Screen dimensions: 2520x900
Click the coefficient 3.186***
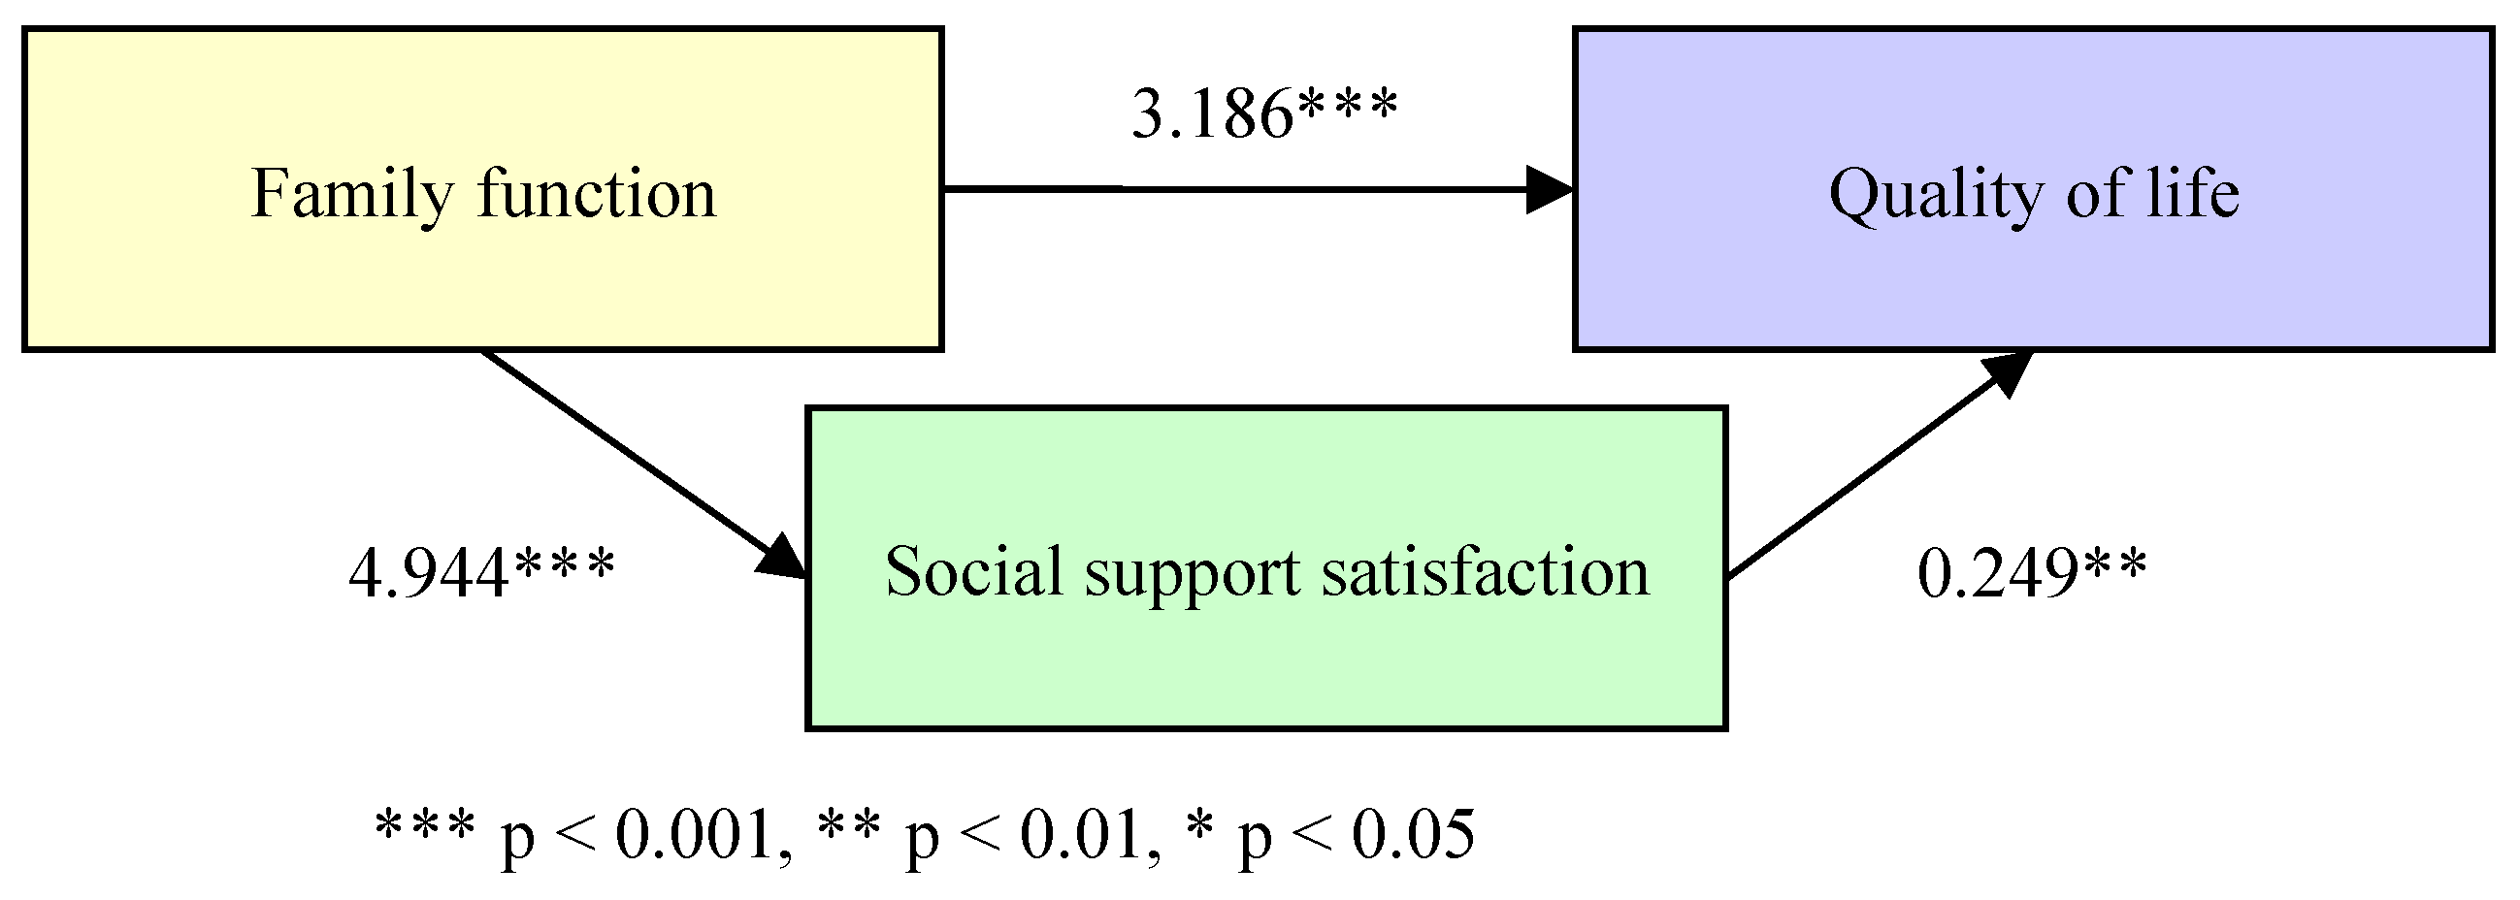click(1264, 114)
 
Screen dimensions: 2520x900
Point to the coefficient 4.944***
click(481, 572)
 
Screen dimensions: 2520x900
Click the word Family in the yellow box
click(353, 194)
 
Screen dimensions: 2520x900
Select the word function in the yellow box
click(597, 194)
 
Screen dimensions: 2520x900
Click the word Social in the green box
click(972, 571)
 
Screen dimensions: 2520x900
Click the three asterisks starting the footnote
click(424, 825)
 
